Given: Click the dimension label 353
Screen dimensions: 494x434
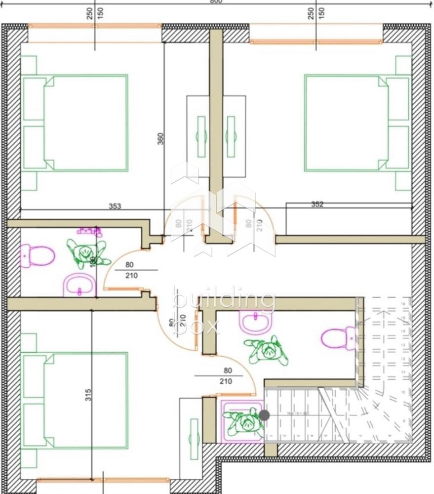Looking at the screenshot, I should coord(115,206).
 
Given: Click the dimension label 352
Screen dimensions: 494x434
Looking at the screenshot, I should coord(317,204).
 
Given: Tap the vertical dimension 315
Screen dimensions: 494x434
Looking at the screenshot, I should coord(88,396).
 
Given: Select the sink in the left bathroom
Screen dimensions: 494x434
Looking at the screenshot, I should coord(79,285).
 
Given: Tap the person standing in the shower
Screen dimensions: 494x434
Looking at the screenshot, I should coord(244,421).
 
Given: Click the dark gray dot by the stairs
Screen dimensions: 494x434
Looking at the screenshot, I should coord(265,415).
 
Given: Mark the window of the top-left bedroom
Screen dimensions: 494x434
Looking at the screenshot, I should coord(95,26).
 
